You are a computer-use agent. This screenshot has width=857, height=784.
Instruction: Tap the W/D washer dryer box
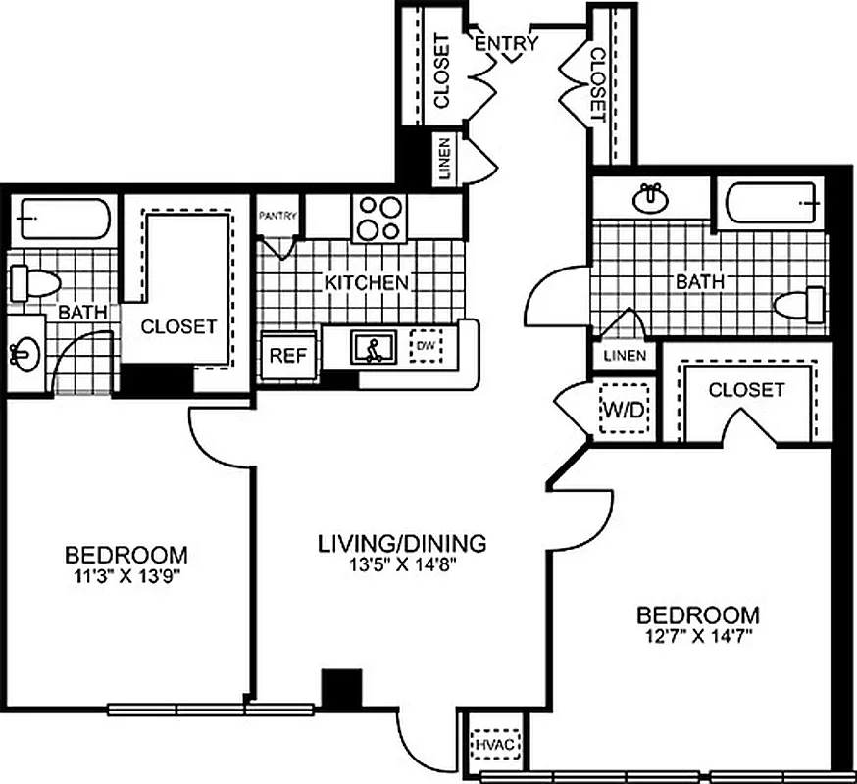(621, 410)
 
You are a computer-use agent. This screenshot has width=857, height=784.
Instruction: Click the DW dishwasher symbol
(426, 345)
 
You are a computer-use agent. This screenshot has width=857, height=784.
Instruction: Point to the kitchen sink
(373, 347)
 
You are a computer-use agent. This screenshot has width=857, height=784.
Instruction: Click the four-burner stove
(378, 218)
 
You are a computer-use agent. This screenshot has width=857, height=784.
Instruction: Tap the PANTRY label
(277, 217)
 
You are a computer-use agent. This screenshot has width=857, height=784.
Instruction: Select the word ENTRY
(507, 43)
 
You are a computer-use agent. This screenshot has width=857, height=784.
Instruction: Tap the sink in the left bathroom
(25, 352)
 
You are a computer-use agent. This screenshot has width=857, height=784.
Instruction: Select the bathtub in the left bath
(62, 219)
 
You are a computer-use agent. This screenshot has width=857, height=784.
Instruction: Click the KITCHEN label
(367, 283)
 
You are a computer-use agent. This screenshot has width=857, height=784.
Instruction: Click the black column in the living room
(341, 687)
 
